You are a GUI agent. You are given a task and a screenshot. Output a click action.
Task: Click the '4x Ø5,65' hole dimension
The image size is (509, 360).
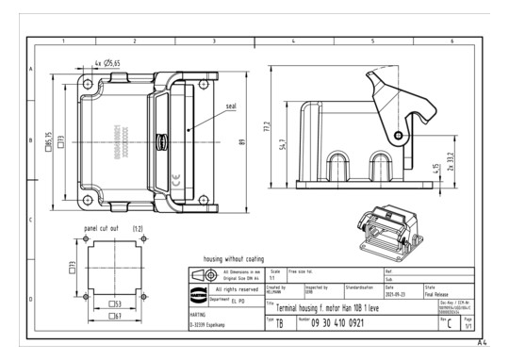pyautogui.click(x=108, y=64)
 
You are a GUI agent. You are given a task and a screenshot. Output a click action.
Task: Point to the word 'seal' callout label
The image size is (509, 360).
pyautogui.click(x=231, y=106)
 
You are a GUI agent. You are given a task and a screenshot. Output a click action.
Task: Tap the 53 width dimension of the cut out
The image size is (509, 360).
pyautogui.click(x=114, y=303)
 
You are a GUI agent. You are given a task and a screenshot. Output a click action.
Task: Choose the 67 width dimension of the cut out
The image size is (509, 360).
pyautogui.click(x=114, y=317)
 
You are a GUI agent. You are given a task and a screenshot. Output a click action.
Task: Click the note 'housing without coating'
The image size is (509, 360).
pyautogui.click(x=233, y=258)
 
